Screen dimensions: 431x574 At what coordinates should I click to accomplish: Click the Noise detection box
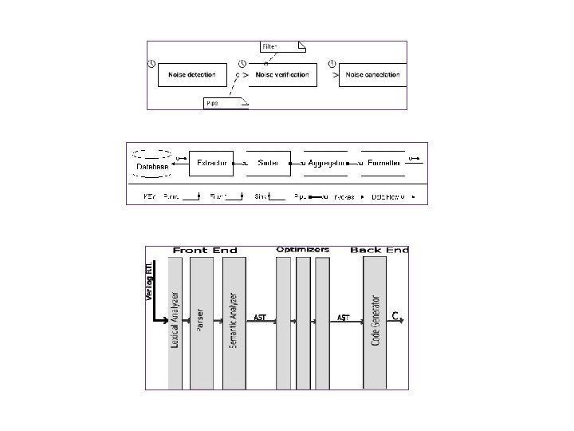click(x=191, y=75)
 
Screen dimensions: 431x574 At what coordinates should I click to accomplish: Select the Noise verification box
click(x=283, y=75)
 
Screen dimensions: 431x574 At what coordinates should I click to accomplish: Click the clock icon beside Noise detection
click(x=151, y=64)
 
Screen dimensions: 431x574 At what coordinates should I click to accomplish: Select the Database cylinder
click(x=151, y=163)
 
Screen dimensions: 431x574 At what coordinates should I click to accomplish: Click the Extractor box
click(x=214, y=163)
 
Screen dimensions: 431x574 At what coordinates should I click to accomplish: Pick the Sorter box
click(x=268, y=163)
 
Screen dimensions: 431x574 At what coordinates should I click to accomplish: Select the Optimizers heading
click(x=303, y=250)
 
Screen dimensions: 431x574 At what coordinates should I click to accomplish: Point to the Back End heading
click(x=379, y=250)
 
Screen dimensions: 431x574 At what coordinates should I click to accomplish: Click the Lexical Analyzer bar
click(x=175, y=319)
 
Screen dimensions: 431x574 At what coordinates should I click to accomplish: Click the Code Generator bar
click(x=375, y=319)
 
